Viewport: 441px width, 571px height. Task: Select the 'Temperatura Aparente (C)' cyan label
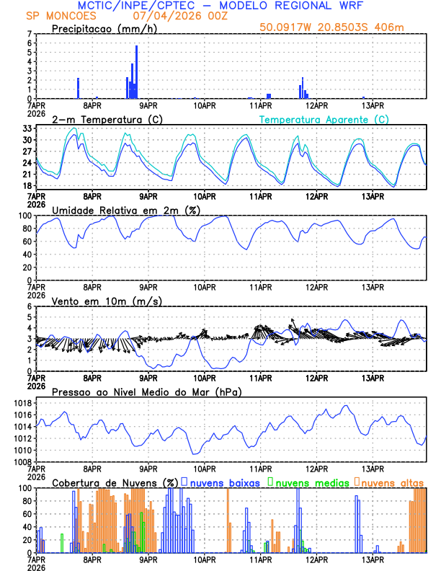pyautogui.click(x=324, y=119)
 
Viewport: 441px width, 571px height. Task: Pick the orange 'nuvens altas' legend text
pyautogui.click(x=392, y=482)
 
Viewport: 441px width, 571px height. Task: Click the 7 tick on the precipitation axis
pyautogui.click(x=29, y=34)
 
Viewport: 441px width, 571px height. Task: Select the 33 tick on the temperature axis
pyautogui.click(x=27, y=128)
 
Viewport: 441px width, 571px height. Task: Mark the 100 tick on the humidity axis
pyautogui.click(x=24, y=216)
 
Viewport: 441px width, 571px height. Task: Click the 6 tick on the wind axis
pyautogui.click(x=29, y=307)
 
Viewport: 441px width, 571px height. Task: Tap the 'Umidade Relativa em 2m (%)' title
pyautogui.click(x=124, y=210)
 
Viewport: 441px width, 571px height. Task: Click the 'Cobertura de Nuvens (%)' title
pyautogui.click(x=115, y=482)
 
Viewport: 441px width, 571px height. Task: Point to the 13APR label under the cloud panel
pyautogui.click(x=372, y=559)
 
